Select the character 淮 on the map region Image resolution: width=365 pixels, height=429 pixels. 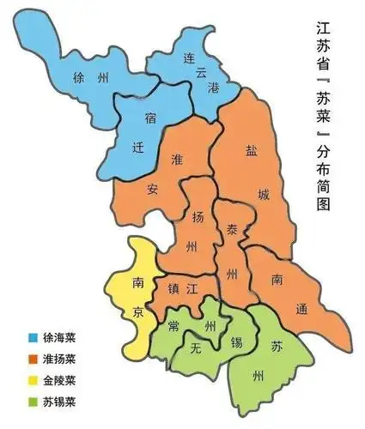click(179, 160)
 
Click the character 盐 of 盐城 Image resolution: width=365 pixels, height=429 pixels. click(251, 149)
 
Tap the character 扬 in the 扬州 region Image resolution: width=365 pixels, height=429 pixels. click(198, 214)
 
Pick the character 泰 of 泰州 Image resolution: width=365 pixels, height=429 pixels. click(232, 232)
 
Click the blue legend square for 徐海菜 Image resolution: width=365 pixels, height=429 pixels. click(32, 337)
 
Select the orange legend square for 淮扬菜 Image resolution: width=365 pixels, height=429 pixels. click(32, 358)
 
